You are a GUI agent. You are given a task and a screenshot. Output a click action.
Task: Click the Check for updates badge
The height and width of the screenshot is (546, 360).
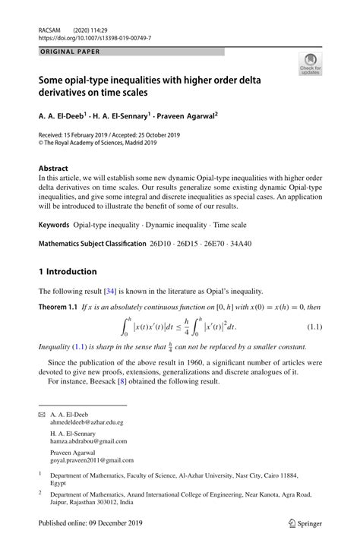tap(310, 65)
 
